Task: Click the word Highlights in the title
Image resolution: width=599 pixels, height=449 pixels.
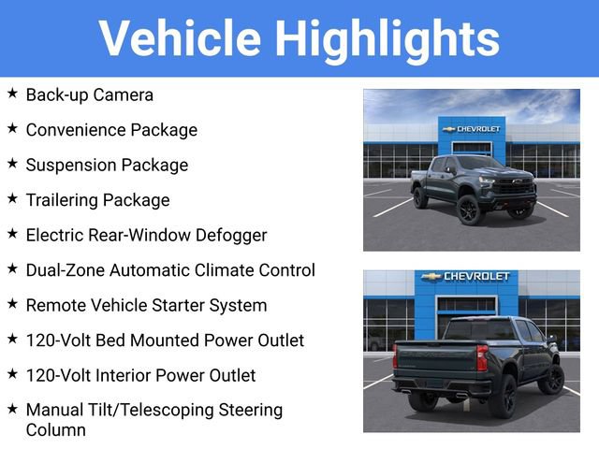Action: [x=386, y=38]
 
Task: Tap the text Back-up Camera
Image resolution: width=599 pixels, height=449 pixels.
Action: [x=90, y=94]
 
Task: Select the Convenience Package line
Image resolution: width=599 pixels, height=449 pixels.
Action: [x=111, y=130]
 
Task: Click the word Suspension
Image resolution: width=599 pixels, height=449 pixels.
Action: [x=67, y=165]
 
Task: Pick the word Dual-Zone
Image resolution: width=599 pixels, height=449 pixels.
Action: [x=66, y=270]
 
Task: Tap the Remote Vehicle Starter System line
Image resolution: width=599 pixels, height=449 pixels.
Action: [x=146, y=305]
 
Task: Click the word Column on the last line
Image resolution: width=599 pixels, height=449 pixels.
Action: [x=55, y=430]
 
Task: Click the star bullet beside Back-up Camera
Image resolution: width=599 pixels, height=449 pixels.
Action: [x=12, y=94]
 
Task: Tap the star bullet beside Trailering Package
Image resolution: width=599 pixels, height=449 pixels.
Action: [x=12, y=198]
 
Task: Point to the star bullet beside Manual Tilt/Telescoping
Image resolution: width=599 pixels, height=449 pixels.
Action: [x=12, y=409]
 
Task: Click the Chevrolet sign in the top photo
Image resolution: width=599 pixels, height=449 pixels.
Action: [x=472, y=129]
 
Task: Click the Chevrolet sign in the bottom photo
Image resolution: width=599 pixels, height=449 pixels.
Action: [x=464, y=277]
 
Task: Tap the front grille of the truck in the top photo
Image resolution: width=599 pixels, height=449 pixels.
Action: [x=514, y=185]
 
